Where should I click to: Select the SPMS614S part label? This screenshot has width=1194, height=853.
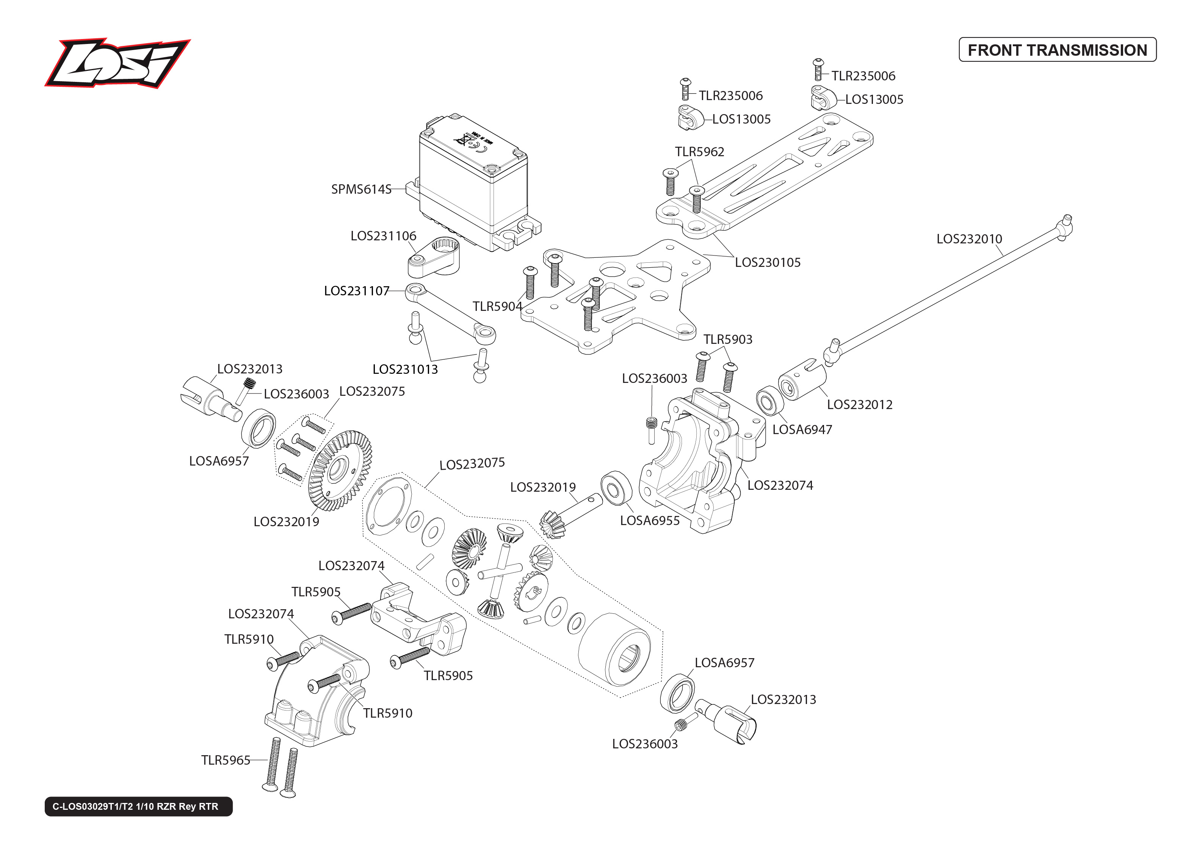coord(361,189)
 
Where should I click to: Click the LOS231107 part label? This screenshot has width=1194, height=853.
coord(357,291)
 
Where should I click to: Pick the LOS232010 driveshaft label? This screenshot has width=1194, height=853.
coord(969,239)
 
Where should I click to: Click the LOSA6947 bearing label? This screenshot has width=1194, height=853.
coord(802,430)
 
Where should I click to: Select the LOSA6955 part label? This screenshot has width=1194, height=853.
coord(650,521)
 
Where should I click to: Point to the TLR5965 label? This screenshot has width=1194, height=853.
coord(225,760)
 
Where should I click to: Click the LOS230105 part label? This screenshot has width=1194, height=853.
coord(767,263)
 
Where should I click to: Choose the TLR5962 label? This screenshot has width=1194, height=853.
coord(699,152)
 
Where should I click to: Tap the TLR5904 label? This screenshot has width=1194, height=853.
coord(497,306)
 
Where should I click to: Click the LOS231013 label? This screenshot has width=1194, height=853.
coord(405,369)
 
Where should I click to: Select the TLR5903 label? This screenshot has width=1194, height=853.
coord(728,339)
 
